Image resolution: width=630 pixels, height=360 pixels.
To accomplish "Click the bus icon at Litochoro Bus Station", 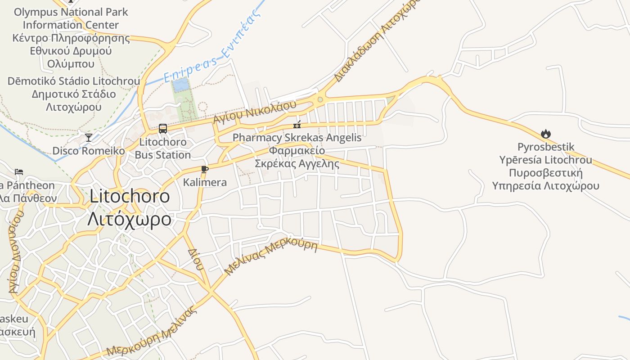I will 163,129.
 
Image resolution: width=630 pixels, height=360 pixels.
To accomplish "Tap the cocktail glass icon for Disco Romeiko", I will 89,137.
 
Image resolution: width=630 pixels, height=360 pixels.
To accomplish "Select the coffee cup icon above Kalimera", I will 205,170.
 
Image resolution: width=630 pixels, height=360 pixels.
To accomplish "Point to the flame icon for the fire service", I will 546,134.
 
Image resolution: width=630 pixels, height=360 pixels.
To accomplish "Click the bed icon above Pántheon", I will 19,172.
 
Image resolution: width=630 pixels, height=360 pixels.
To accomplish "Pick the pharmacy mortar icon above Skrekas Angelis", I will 297,125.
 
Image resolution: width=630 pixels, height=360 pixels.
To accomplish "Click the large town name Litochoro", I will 130,196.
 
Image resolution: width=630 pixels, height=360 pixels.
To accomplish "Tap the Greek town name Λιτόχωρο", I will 130,219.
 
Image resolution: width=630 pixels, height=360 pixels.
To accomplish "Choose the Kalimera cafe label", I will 205,183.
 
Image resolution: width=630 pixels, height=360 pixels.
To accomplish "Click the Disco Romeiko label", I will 89,151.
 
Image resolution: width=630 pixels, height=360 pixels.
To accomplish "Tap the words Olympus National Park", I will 71,12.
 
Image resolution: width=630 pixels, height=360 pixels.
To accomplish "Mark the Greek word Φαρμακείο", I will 297,150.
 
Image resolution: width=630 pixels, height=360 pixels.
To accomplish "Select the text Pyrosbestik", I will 546,147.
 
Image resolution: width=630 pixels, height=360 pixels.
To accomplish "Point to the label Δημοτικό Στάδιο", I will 74,94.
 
